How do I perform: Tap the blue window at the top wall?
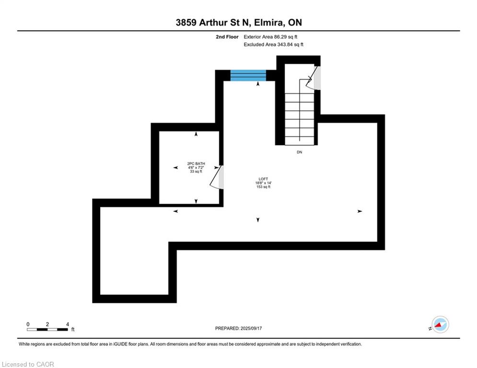coord(248,75)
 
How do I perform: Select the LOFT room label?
coord(264,179)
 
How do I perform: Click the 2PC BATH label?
coord(196,163)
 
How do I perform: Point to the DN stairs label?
coord(299,152)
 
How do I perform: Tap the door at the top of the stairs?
coord(314,78)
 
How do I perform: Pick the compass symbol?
coord(440,324)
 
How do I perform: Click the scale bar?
coord(47,329)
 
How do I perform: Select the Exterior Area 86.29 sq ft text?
coord(270,37)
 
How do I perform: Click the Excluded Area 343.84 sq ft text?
coord(273,45)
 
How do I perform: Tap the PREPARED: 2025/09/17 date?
coord(239,328)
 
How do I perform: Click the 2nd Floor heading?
coord(227,37)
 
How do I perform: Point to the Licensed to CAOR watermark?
coord(28,364)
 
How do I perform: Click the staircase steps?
coord(299,119)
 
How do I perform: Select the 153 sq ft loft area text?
coord(264,187)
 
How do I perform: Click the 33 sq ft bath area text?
coord(196,172)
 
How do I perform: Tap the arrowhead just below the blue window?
coord(258,84)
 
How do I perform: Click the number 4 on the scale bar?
coord(68,324)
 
